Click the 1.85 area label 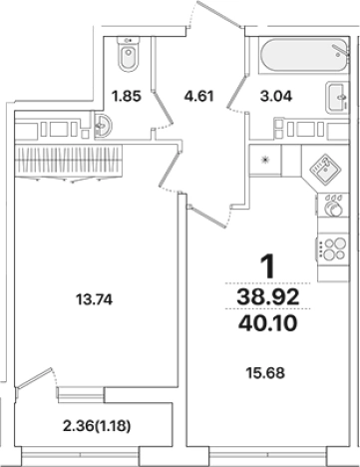pyautogui.click(x=125, y=97)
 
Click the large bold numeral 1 pyautogui.click(x=266, y=266)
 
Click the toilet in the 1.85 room pyautogui.click(x=128, y=57)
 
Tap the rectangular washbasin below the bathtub pyautogui.click(x=336, y=98)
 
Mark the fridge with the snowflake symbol pyautogui.click(x=265, y=160)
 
